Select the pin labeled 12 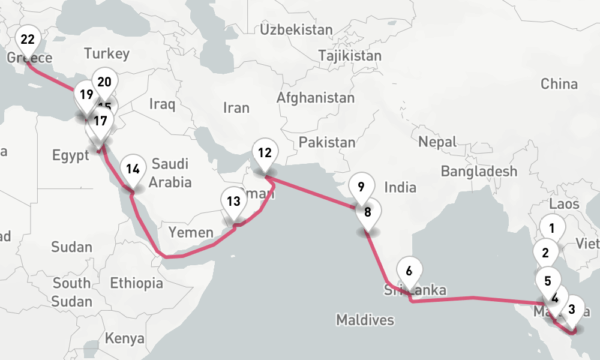(265, 154)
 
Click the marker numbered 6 (409, 271)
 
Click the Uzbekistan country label (296, 29)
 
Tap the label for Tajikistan (350, 56)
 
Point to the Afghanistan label (316, 97)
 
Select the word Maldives (365, 320)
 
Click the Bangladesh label (479, 172)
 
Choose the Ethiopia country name (136, 283)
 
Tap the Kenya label (125, 338)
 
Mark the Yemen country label (191, 233)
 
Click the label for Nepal (438, 142)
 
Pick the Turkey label (107, 53)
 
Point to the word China (559, 84)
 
